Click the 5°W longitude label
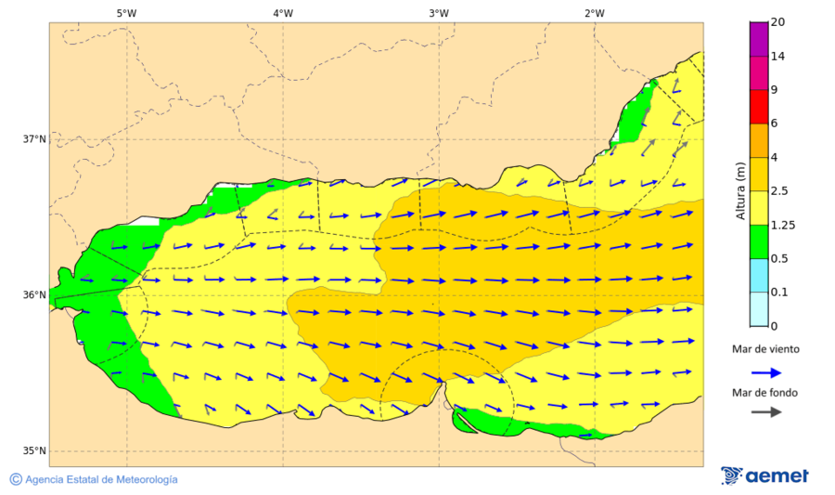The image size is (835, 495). click(x=126, y=13)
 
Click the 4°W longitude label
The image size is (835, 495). click(x=283, y=13)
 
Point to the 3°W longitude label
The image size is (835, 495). click(x=439, y=13)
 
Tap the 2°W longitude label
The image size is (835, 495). click(x=595, y=13)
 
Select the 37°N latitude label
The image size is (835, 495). click(x=34, y=139)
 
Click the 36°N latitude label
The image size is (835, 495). click(x=34, y=295)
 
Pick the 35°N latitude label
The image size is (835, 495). click(x=34, y=451)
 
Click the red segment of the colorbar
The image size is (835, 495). click(x=759, y=107)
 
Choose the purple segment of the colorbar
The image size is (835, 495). click(x=759, y=39)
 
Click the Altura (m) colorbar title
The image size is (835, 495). click(x=740, y=190)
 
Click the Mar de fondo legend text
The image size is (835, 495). click(x=764, y=393)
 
